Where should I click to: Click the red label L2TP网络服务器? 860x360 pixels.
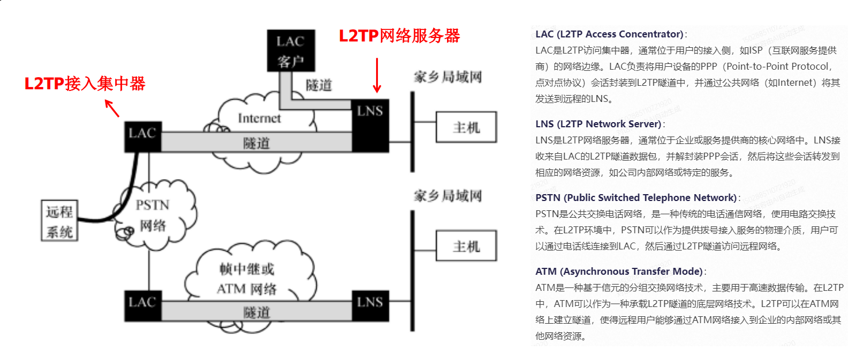pyautogui.click(x=399, y=36)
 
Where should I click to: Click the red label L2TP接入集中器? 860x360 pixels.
pyautogui.click(x=85, y=84)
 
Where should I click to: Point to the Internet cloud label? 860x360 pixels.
pyautogui.click(x=259, y=118)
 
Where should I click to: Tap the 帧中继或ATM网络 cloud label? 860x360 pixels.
pyautogui.click(x=247, y=278)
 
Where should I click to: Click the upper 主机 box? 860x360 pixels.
pyautogui.click(x=465, y=127)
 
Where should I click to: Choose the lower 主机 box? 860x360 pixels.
pyautogui.click(x=465, y=247)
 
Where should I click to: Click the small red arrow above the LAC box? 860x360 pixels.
pyautogui.click(x=112, y=108)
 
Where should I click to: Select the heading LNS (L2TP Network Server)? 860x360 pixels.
pyautogui.click(x=598, y=124)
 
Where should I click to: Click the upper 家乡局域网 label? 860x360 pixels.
pyautogui.click(x=447, y=77)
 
